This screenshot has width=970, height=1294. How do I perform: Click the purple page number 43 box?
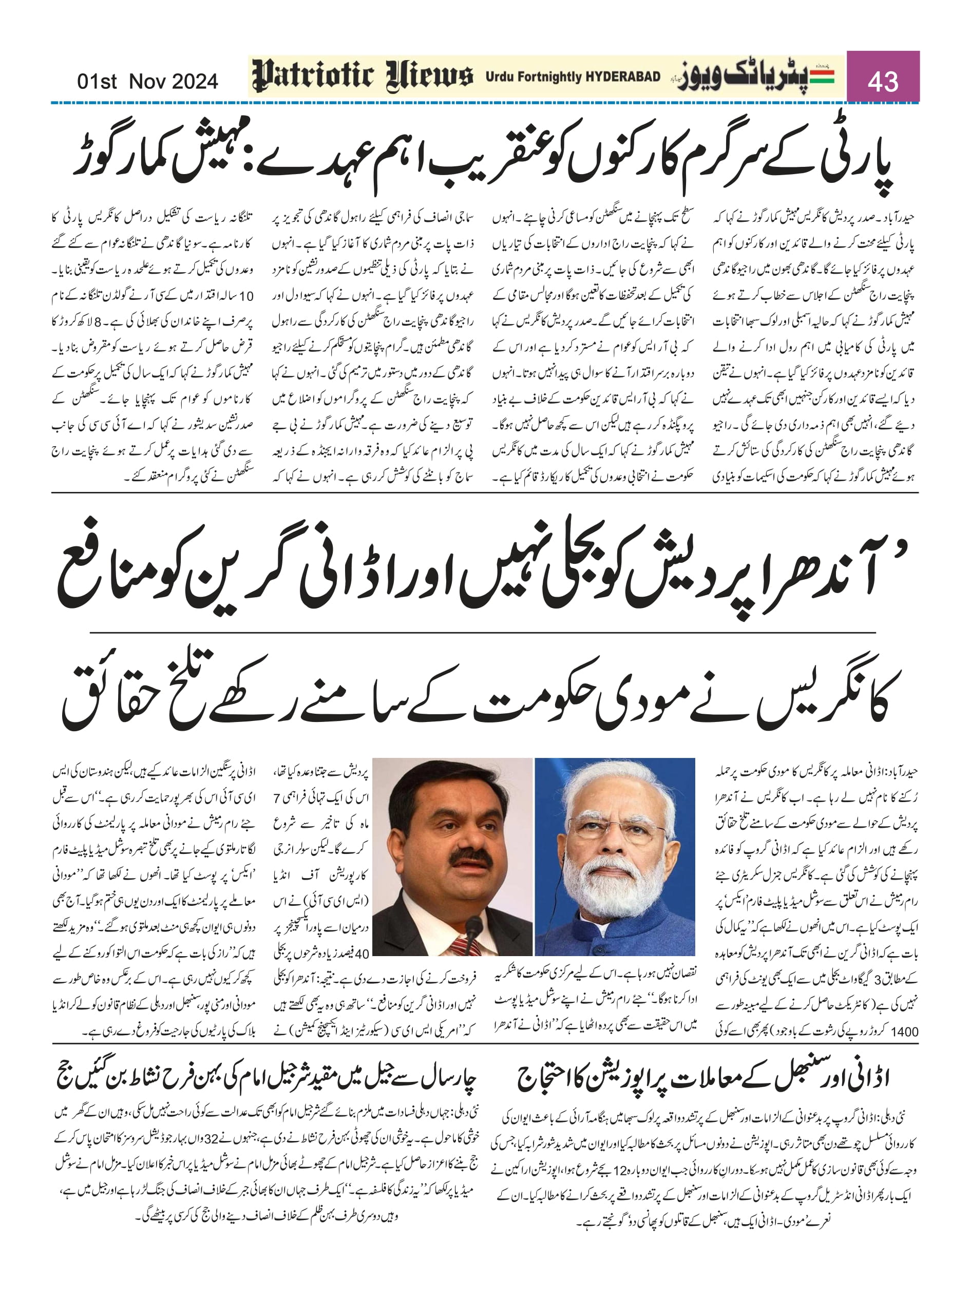click(x=883, y=77)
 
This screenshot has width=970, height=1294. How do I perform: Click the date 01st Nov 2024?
click(x=147, y=81)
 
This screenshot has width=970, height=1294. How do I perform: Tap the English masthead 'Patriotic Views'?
click(x=363, y=77)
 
